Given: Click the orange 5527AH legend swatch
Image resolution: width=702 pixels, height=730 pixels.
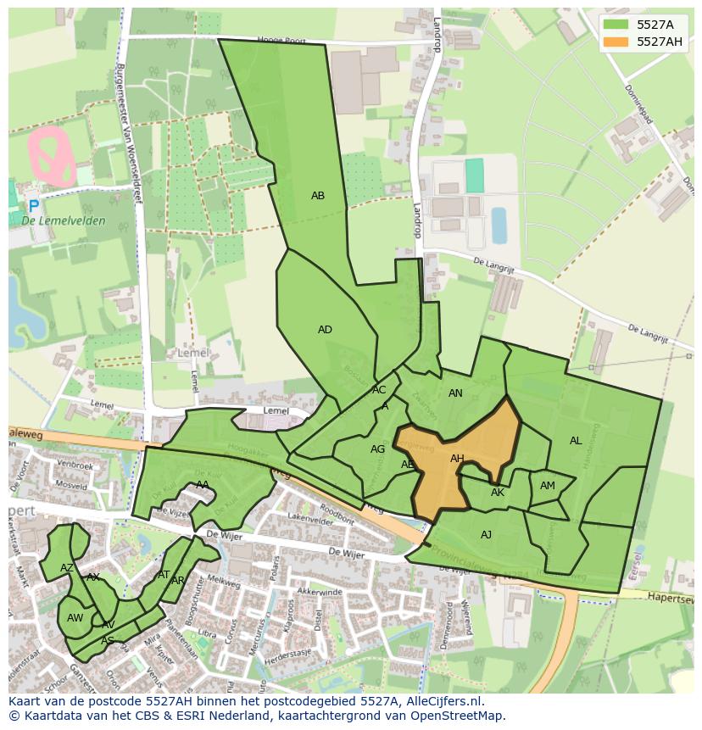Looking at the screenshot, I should click(x=618, y=42).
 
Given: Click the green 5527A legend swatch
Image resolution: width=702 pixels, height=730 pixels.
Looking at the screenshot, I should click(x=618, y=25).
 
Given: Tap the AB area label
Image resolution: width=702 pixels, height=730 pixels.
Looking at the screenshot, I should click(x=318, y=196).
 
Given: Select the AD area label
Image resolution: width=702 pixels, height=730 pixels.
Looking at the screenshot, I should click(x=325, y=330).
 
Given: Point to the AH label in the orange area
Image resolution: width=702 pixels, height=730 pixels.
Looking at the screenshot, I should click(x=457, y=459).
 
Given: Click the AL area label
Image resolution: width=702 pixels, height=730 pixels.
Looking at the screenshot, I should click(x=576, y=441).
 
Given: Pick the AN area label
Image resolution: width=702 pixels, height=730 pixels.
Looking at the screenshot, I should click(x=455, y=393).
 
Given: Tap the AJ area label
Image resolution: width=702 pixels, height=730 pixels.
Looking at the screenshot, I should click(x=486, y=535).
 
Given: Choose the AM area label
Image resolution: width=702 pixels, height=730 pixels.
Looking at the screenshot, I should click(x=548, y=486).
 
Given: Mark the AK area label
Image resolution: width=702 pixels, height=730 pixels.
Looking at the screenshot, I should click(x=498, y=493).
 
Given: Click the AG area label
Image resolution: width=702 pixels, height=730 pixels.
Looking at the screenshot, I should click(x=378, y=449).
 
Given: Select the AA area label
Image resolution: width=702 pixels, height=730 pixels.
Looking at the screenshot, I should click(x=203, y=485).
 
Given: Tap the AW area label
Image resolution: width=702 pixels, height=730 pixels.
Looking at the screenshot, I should click(x=75, y=618).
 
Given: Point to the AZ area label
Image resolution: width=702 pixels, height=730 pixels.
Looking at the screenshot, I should click(x=66, y=568).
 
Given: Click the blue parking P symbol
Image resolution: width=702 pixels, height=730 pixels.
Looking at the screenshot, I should click(x=33, y=206).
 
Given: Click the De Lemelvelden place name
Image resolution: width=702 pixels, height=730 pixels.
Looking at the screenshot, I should click(x=64, y=221).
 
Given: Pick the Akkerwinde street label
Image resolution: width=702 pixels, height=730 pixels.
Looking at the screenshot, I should click(x=320, y=591).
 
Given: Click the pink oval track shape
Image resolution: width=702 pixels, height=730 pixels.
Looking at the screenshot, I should click(x=53, y=156).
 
